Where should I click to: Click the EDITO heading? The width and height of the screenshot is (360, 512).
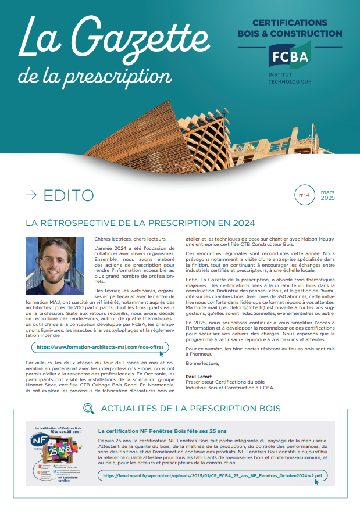pos(68,196)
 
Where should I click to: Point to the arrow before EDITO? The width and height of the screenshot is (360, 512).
pos(31,196)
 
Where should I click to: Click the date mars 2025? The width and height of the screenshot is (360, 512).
pos(328,195)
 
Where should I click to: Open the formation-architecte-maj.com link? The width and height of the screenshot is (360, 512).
pos(100,347)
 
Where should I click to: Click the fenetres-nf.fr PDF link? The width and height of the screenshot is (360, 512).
pos(212,475)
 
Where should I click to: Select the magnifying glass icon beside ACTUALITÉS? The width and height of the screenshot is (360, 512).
pos(88,409)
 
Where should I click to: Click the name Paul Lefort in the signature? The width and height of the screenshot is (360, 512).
pos(199,377)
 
